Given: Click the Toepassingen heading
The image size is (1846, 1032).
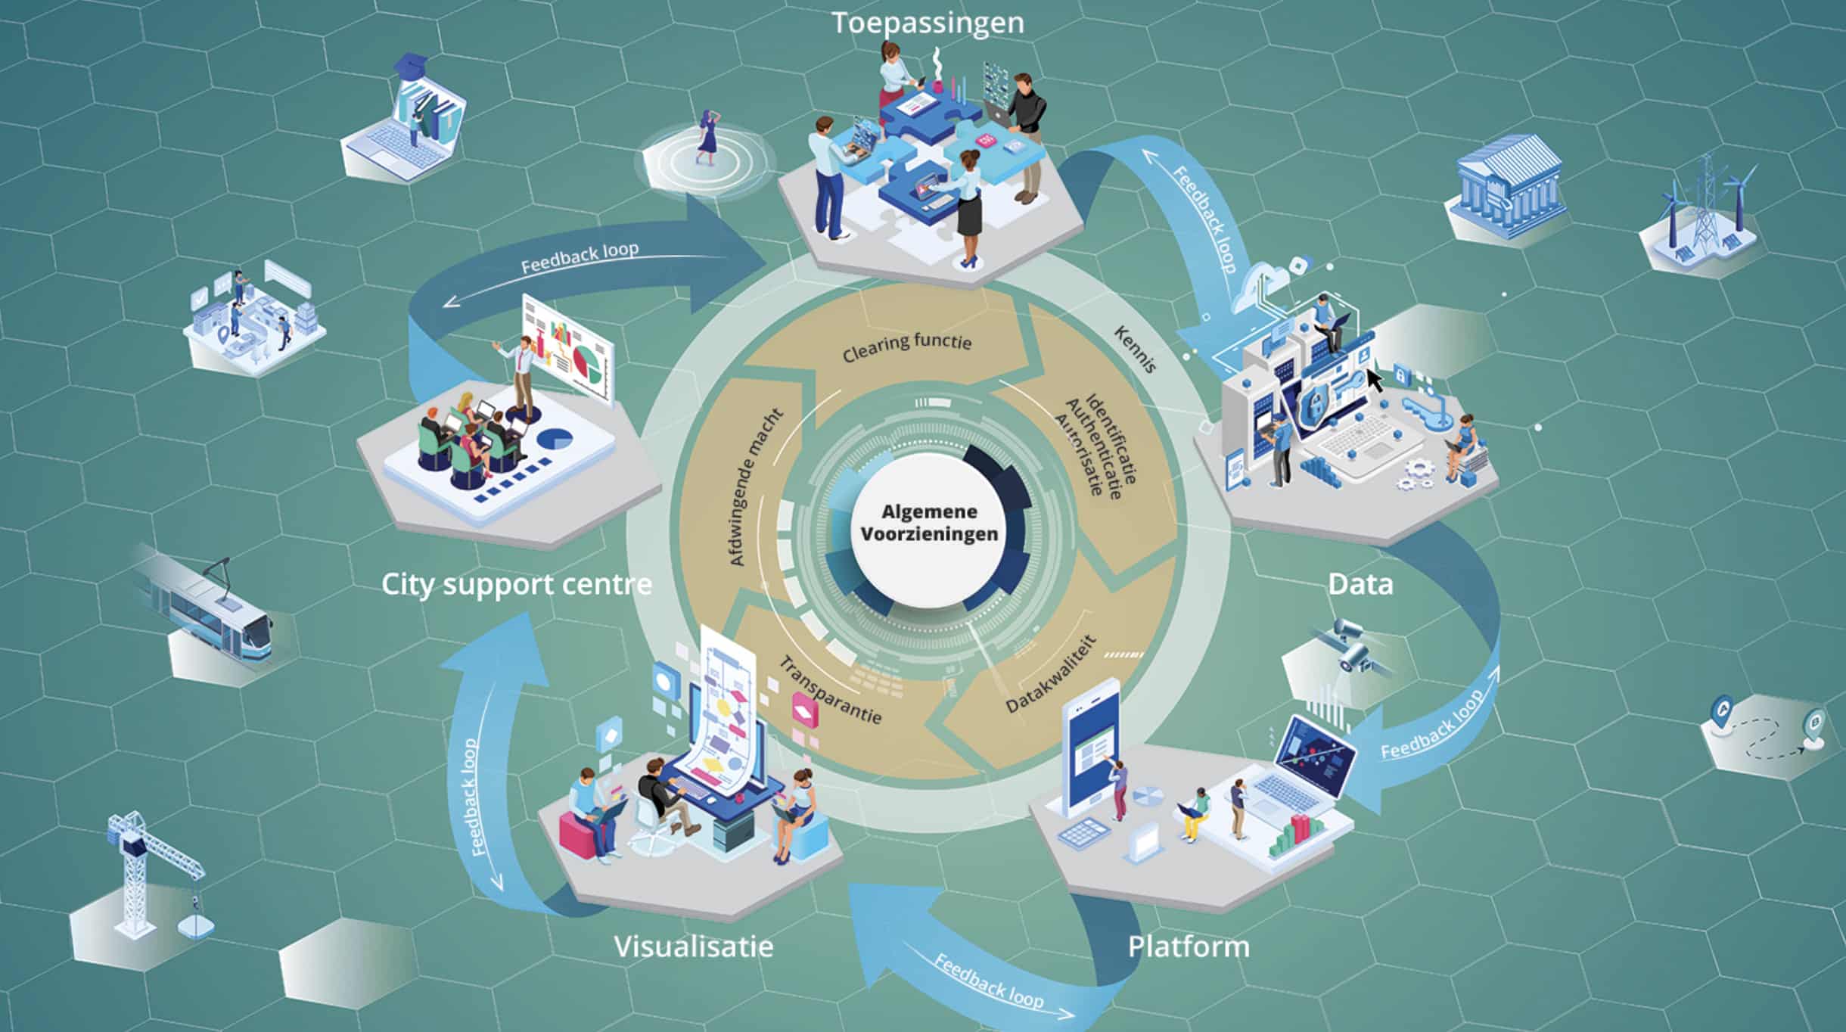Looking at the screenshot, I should click(x=928, y=23).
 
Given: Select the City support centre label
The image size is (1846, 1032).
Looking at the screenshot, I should click(x=516, y=585).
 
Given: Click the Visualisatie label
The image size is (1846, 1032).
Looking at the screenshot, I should click(x=693, y=947).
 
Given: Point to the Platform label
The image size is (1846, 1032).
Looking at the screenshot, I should click(x=1189, y=947).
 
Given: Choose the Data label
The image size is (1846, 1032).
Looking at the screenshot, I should click(x=1360, y=585).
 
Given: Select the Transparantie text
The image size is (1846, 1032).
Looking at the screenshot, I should click(x=831, y=690).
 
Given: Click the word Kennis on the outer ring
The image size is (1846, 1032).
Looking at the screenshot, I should click(x=1135, y=350).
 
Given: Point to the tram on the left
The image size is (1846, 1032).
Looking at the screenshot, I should click(x=204, y=613).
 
